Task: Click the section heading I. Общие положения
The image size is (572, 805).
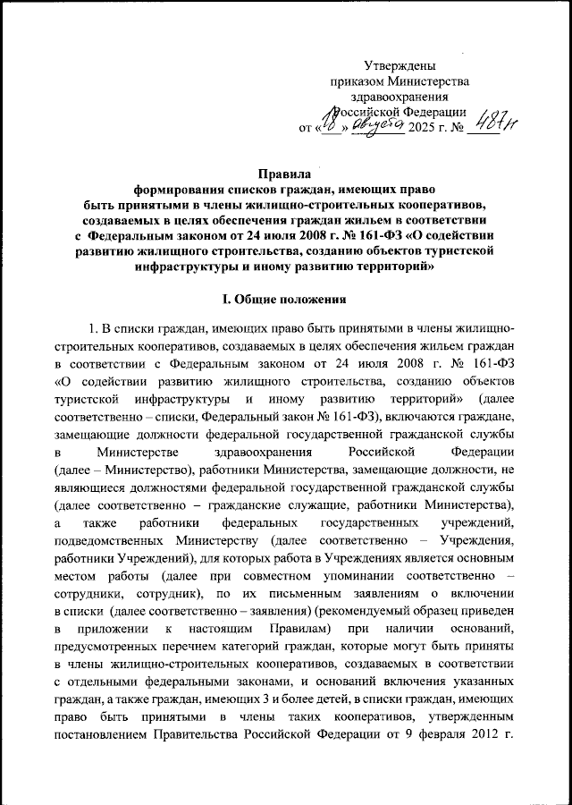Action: [x=284, y=298]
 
